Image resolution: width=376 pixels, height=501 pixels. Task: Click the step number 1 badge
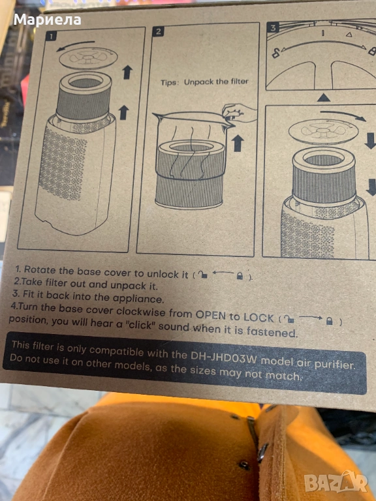click(51, 35)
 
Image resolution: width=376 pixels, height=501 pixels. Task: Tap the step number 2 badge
click(158, 31)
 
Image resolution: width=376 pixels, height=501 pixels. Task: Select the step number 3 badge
click(272, 27)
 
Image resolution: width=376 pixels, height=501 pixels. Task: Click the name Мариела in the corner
click(47, 20)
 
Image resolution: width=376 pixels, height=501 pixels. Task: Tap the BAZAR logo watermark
click(336, 481)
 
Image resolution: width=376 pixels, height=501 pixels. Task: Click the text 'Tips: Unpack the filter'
click(204, 82)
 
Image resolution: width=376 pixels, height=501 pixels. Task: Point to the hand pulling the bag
click(238, 112)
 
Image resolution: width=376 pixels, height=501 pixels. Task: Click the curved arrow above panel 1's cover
click(76, 45)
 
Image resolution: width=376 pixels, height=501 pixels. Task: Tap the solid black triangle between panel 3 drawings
click(324, 97)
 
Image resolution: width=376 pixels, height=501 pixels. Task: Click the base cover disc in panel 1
click(88, 58)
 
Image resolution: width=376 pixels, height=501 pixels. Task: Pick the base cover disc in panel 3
click(319, 131)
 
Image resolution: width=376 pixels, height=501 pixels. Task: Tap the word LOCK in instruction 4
click(258, 317)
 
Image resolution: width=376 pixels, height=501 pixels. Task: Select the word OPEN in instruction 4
click(211, 315)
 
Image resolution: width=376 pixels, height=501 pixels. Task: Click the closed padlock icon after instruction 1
click(240, 276)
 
